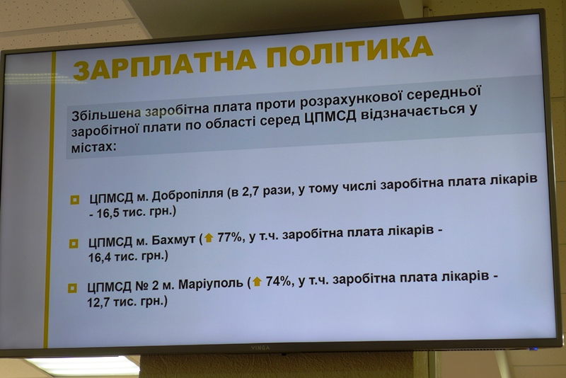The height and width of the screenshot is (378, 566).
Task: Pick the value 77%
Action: point(229,237)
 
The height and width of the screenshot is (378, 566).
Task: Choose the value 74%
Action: point(279,281)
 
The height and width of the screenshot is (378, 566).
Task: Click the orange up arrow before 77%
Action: point(209,238)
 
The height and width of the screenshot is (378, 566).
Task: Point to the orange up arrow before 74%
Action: point(258,282)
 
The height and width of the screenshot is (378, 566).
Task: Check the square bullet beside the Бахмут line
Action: point(73,244)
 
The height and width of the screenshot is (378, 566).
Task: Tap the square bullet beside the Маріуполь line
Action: point(72,288)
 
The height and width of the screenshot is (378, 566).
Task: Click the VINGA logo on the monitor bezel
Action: point(261,347)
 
